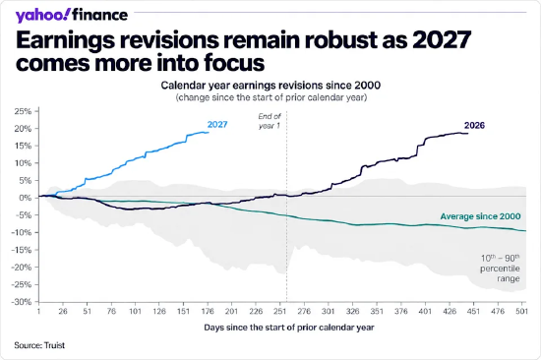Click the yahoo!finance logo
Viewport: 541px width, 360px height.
pyautogui.click(x=72, y=15)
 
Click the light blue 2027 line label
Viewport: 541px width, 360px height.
pyautogui.click(x=217, y=124)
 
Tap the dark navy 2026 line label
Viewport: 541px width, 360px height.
pyautogui.click(x=474, y=125)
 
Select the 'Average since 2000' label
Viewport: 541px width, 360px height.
pyautogui.click(x=480, y=216)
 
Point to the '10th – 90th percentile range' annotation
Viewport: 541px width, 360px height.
pyautogui.click(x=500, y=269)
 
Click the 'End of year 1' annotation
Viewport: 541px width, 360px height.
pyautogui.click(x=270, y=121)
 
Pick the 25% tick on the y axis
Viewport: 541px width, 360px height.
pyautogui.click(x=23, y=111)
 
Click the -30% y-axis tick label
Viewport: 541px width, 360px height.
pyautogui.click(x=22, y=302)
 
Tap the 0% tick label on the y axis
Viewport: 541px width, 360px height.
pyautogui.click(x=26, y=198)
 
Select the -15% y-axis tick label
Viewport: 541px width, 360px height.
pyautogui.click(x=22, y=250)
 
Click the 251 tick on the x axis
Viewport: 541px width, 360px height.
pyautogui.click(x=279, y=312)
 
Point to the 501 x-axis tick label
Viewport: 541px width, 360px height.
pyautogui.click(x=521, y=312)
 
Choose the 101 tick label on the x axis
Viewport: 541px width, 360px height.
pyautogui.click(x=135, y=312)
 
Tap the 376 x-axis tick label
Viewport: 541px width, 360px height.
pyautogui.click(x=401, y=312)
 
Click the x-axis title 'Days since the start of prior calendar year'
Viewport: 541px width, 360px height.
pyautogui.click(x=289, y=328)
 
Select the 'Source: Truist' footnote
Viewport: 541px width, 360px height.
pyautogui.click(x=39, y=345)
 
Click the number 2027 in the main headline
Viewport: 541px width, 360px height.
pyautogui.click(x=442, y=40)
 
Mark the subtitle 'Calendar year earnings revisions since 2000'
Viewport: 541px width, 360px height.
pyautogui.click(x=270, y=86)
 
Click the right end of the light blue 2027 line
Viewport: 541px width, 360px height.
pyautogui.click(x=209, y=133)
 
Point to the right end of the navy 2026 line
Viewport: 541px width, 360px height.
pyautogui.click(x=468, y=133)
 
